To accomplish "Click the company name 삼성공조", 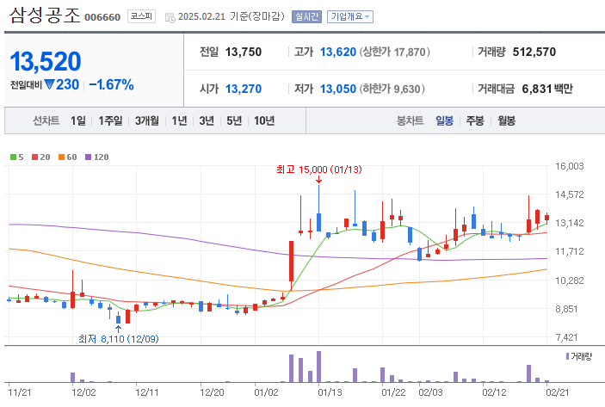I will pos(45,15).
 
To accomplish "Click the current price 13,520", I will pos(46,61).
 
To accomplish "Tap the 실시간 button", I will pos(306,16).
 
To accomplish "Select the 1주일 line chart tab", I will pos(110,120).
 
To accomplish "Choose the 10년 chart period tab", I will pos(264,120).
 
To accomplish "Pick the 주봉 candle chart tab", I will pos(475,120).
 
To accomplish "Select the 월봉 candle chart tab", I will pos(506,120).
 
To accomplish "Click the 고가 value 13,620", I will pos(337,52).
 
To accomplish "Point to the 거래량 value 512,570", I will pos(534,52).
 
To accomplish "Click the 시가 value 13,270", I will pos(244,89).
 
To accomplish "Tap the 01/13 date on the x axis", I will pos(331,392).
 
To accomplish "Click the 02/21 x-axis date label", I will pos(559,392).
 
